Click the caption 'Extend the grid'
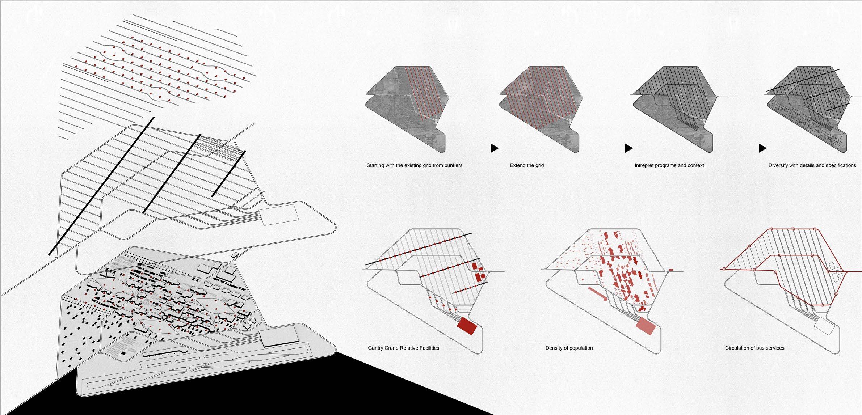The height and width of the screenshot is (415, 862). [527, 165]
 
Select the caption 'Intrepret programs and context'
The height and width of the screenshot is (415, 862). [669, 165]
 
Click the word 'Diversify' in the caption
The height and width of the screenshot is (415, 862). [779, 165]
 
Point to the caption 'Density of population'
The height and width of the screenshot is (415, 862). [569, 348]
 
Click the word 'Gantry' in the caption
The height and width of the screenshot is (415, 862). [375, 348]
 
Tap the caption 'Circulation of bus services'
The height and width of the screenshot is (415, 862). [754, 348]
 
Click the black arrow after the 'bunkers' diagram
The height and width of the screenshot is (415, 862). [495, 148]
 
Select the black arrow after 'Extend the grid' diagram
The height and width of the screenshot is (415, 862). [628, 148]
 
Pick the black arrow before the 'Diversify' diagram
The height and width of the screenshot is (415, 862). [762, 148]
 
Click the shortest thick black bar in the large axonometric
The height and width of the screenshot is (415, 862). [229, 174]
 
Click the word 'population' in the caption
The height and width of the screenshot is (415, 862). [580, 348]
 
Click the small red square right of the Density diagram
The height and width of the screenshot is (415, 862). [671, 270]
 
